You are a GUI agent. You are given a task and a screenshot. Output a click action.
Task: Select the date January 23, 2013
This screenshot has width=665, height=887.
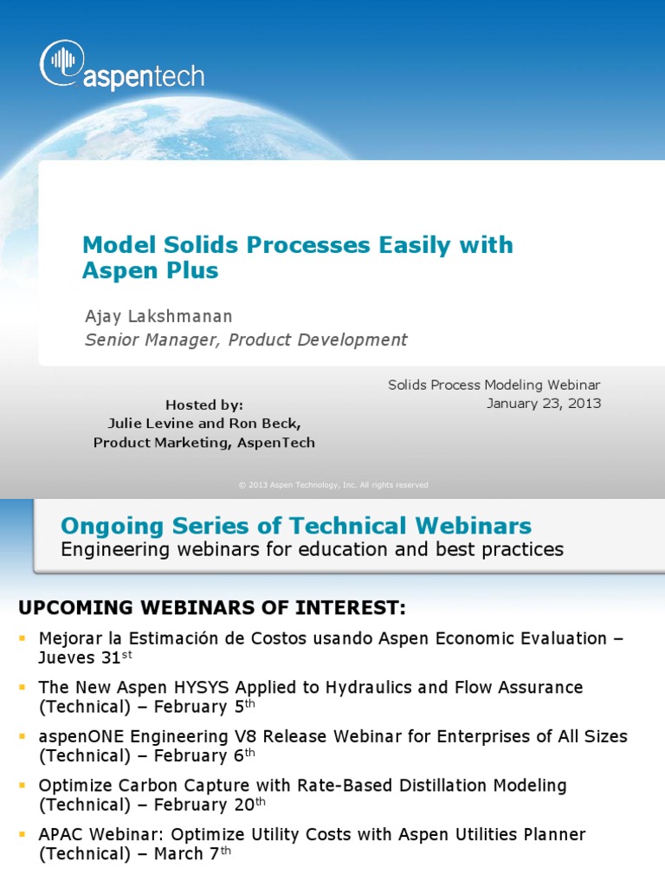[543, 404]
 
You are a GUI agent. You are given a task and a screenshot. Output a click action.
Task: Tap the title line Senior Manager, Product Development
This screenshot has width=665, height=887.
[246, 340]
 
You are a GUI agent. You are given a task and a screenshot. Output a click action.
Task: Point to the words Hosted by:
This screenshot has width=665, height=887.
[203, 405]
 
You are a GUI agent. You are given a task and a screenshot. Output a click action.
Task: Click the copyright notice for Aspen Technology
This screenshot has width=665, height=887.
[333, 485]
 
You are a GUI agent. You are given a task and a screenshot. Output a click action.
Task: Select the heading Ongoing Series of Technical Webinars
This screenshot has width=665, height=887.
[296, 526]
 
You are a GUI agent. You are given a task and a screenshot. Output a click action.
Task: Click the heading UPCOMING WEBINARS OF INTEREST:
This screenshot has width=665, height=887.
[212, 607]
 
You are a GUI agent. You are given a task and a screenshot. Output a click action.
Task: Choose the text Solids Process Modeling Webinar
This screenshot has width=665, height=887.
[494, 385]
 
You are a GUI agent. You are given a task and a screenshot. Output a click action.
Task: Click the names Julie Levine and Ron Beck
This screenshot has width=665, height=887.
[203, 424]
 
